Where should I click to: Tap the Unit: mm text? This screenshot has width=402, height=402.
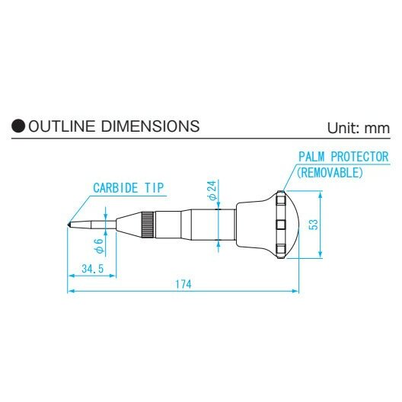click(x=358, y=128)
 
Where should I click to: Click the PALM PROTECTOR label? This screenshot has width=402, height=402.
click(x=343, y=157)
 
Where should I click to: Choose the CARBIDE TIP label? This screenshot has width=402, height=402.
click(x=129, y=187)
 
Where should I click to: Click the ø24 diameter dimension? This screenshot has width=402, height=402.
click(x=212, y=191)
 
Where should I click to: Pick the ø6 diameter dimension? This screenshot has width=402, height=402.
click(x=98, y=246)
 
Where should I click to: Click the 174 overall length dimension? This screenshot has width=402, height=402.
click(x=181, y=284)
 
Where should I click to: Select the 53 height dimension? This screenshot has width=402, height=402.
click(x=314, y=224)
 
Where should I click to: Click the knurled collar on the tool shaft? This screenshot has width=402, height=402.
click(x=148, y=224)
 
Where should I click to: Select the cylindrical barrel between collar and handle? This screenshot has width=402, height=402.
click(x=196, y=224)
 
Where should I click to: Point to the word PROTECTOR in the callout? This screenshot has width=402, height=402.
click(x=359, y=157)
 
